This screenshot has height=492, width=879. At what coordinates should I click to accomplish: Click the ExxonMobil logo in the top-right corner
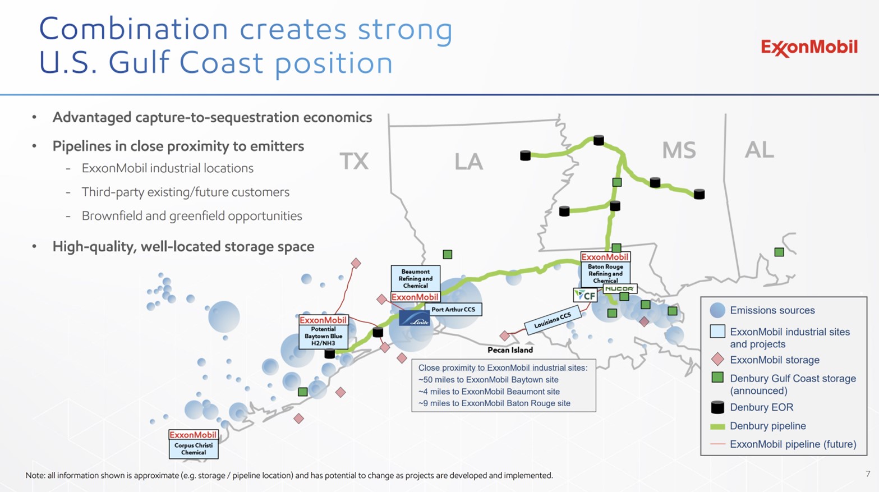click(809, 48)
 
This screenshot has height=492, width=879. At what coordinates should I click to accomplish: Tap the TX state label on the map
click(354, 162)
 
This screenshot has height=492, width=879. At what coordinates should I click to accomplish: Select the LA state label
click(468, 162)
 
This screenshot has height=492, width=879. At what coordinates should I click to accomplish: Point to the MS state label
click(679, 150)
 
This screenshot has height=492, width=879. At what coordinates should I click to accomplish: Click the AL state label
click(759, 150)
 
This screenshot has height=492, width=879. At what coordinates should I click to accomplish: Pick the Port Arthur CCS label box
click(453, 310)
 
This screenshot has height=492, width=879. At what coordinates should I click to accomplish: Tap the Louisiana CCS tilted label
click(553, 320)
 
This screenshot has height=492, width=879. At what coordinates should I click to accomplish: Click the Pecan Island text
click(510, 350)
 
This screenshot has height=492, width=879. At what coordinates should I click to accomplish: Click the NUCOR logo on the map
click(619, 289)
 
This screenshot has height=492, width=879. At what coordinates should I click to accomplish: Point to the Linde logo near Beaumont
click(415, 319)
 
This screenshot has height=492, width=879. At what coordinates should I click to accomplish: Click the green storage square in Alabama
click(779, 252)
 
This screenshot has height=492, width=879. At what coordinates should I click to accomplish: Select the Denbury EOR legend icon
click(717, 407)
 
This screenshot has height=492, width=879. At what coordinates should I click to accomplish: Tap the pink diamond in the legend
click(717, 360)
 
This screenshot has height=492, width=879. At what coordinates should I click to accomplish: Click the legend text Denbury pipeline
click(767, 426)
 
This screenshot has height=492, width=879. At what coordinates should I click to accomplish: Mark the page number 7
click(868, 474)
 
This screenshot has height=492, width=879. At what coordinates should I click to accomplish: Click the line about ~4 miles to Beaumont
click(489, 392)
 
